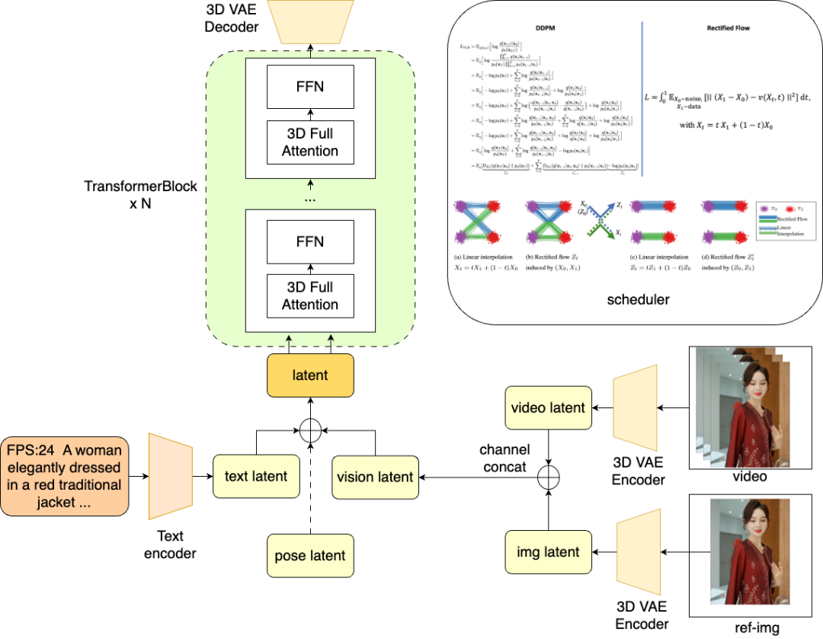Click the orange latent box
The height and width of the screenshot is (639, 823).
coord(310,375)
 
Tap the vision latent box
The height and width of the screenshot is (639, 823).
coord(376,477)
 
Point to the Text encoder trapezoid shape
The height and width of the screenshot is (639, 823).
coord(169,476)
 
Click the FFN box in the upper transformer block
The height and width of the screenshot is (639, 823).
coord(311,86)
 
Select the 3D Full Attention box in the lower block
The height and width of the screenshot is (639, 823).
coord(310,296)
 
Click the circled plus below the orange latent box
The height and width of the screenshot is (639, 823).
coord(310,431)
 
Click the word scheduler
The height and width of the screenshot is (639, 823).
coord(639,299)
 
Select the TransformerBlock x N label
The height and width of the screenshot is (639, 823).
coord(142,194)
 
